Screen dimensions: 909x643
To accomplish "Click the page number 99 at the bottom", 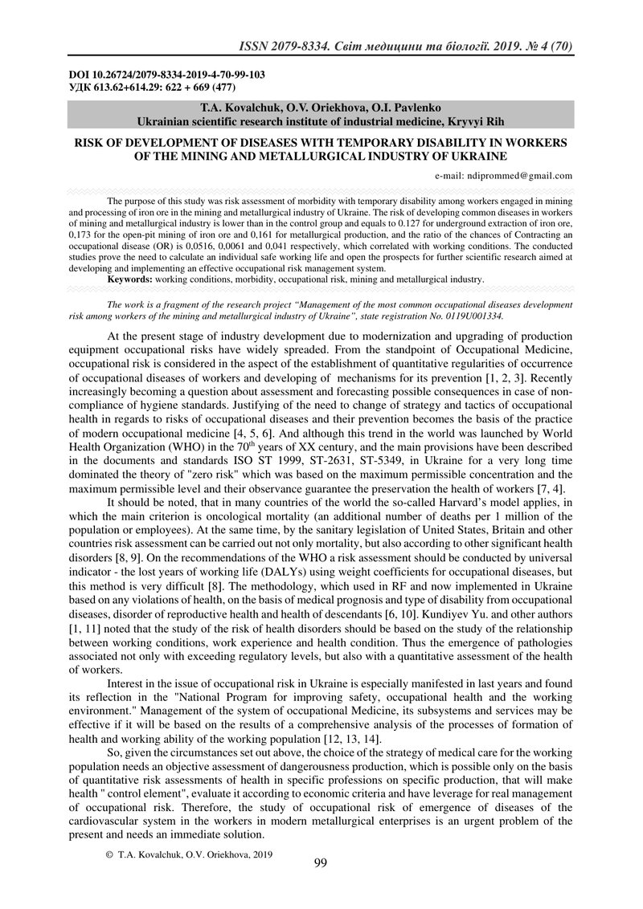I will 320,863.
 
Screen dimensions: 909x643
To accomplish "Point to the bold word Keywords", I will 129,279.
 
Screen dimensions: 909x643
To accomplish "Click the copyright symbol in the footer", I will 109,855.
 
